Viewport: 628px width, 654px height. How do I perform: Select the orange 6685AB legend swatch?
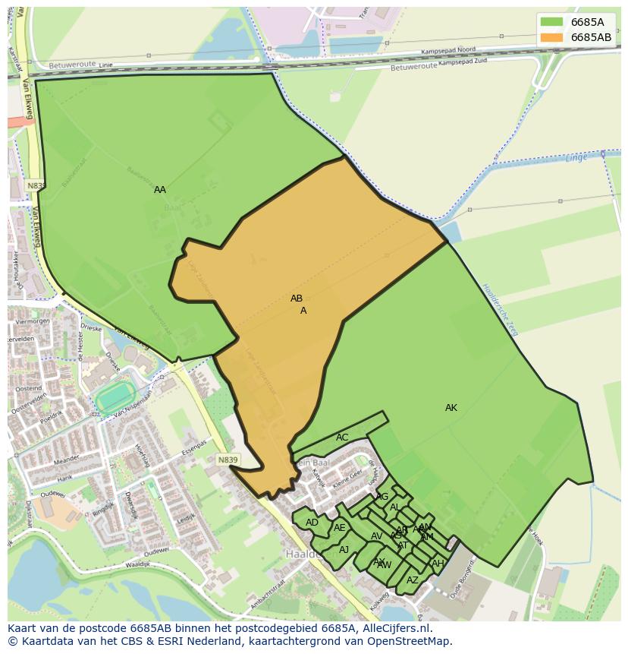[551, 37]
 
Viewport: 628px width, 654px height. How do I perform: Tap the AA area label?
[160, 190]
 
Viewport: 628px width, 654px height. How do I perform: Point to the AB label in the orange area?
[297, 299]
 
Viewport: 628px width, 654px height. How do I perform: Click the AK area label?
[451, 408]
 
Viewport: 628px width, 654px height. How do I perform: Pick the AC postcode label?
[342, 438]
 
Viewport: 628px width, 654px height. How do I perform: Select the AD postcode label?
[312, 523]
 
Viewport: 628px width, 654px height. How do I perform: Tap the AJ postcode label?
[344, 550]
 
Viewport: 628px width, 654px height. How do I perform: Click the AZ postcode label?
[412, 580]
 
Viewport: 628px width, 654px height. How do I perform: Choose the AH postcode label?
[437, 564]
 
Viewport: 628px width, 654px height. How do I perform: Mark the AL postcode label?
[394, 507]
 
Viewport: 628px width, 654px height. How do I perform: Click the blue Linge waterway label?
[577, 158]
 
